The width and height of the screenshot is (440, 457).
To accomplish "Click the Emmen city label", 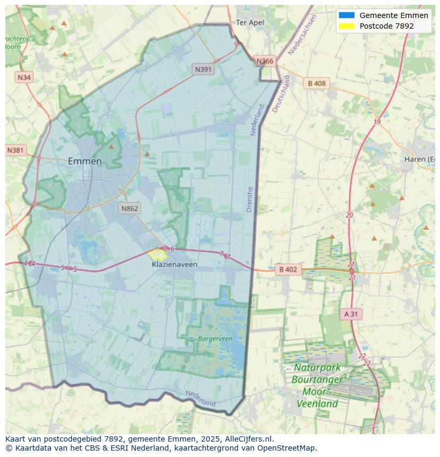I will (84, 161).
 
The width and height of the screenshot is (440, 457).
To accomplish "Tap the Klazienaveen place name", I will (174, 264).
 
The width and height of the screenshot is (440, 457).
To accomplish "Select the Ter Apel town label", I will (250, 23).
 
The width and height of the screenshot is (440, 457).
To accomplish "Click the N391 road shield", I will (204, 69).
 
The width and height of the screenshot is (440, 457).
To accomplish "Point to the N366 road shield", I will (265, 61).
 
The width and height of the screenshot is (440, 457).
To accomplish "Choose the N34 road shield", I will (24, 77).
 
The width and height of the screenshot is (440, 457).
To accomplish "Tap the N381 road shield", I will (16, 150).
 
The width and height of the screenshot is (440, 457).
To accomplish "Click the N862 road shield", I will (129, 208).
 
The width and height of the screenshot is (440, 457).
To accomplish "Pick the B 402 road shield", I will (287, 270).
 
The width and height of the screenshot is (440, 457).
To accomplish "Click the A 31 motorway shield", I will (351, 314).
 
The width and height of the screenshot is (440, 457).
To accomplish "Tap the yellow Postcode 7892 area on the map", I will (158, 254).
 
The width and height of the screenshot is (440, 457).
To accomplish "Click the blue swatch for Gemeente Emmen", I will (346, 15).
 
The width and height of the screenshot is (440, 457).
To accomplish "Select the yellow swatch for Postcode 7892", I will (346, 26).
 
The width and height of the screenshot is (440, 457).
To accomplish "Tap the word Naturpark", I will (317, 367).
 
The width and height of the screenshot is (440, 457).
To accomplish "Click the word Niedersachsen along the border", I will (302, 35).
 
